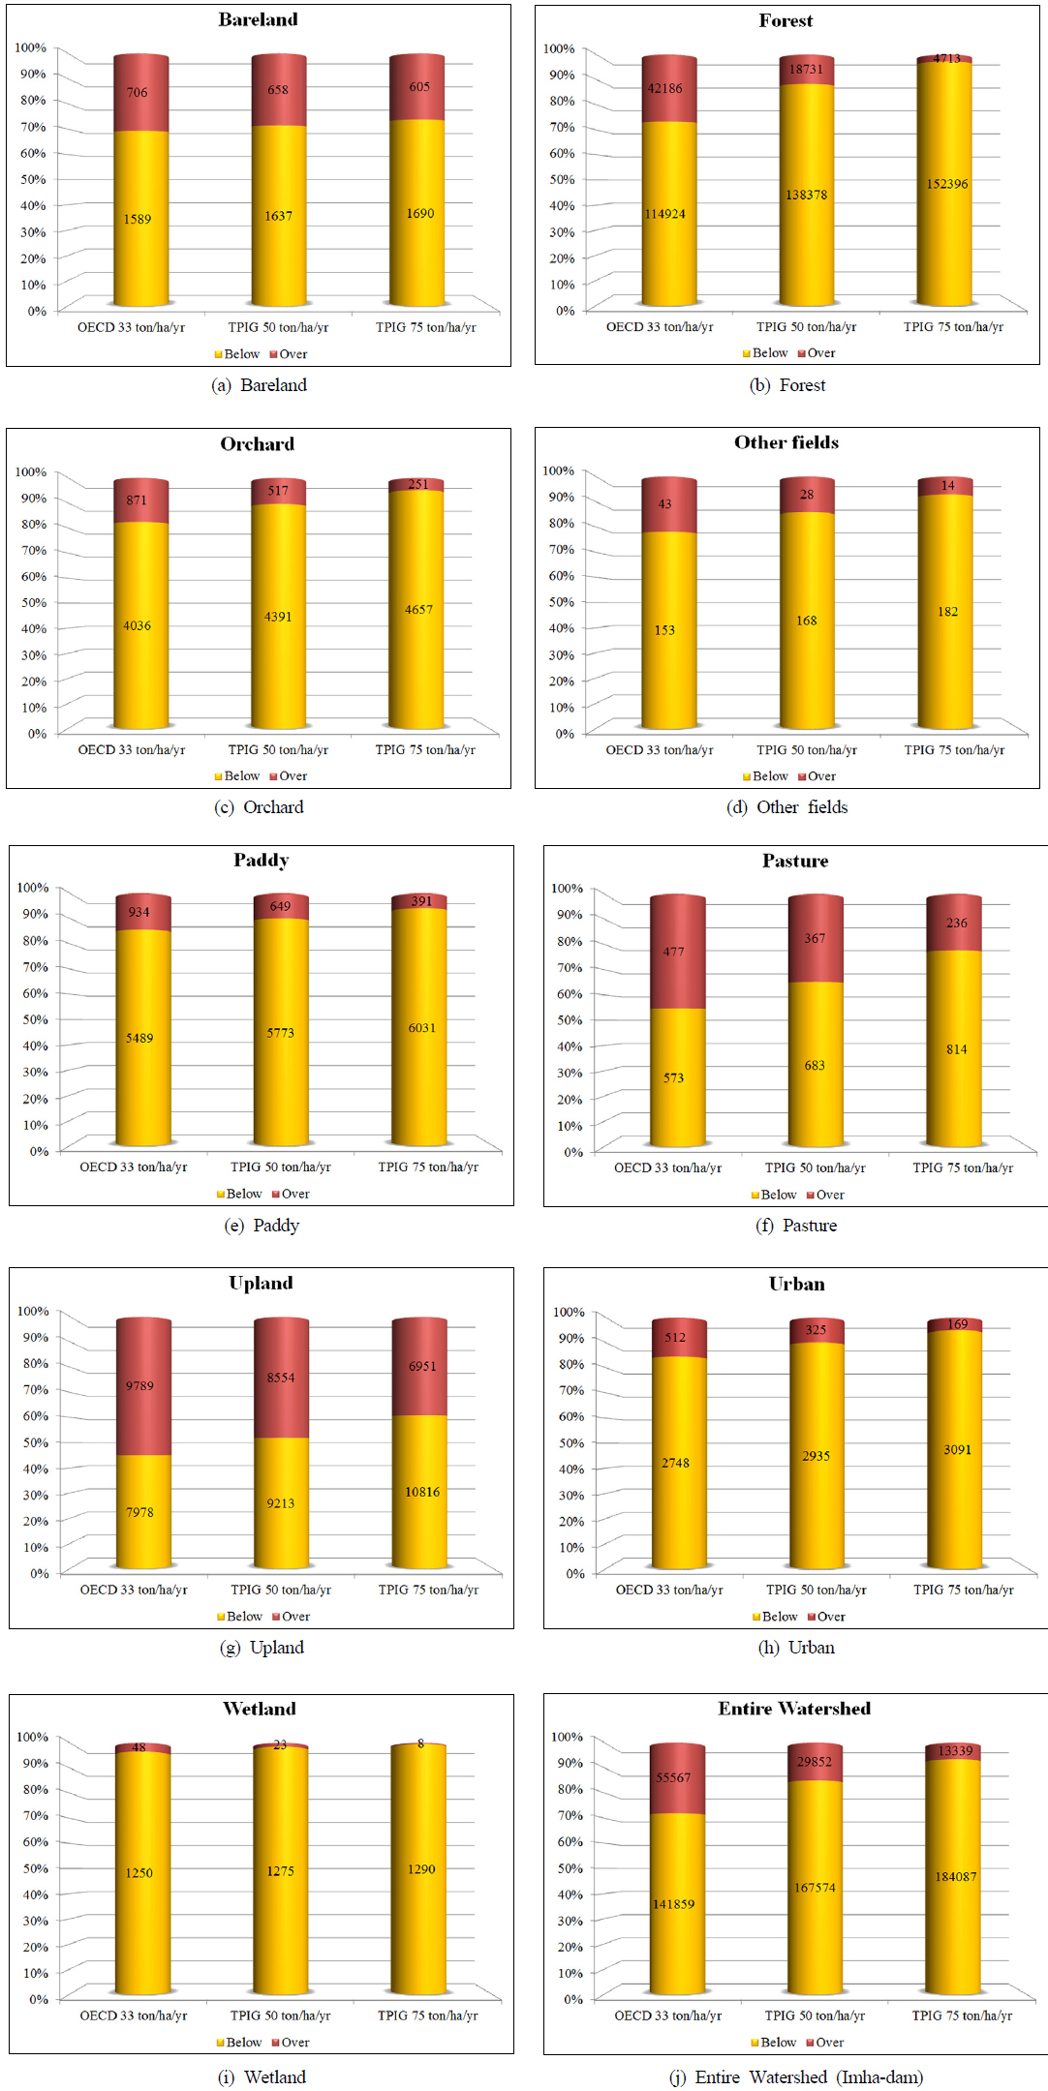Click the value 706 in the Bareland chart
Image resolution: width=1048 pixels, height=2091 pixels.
pos(137,93)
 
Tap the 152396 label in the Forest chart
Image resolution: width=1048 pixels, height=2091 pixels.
pos(946,184)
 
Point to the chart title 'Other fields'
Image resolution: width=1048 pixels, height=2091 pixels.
pos(786,442)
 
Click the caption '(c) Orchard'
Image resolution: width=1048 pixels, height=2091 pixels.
pos(259,807)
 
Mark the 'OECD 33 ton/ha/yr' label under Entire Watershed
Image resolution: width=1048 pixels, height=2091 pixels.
pos(667,2015)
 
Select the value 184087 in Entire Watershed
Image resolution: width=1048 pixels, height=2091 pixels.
pos(955,1877)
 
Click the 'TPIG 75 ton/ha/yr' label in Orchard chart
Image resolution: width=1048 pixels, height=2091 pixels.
pos(425,749)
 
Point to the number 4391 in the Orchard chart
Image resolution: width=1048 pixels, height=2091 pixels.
pos(278,617)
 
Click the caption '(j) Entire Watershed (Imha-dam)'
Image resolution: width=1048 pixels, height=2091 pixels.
pos(795,2077)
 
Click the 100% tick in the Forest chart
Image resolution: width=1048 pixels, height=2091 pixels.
pos(559,48)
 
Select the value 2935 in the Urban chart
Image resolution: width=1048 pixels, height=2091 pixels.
pos(816,1456)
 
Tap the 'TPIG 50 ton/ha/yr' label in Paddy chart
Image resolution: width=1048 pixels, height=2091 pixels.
pos(281,1167)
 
